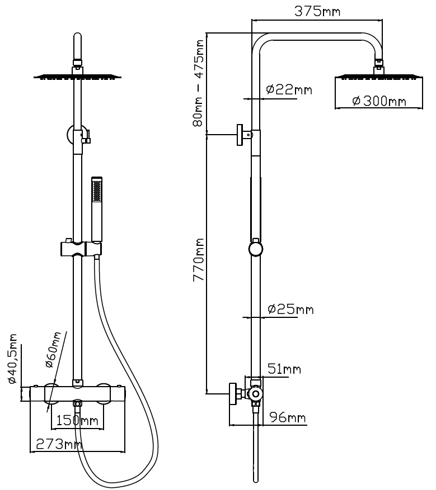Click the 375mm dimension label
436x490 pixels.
click(318, 12)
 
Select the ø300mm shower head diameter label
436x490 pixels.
click(379, 101)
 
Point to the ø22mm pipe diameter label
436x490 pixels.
click(289, 89)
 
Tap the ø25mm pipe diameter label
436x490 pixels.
click(290, 309)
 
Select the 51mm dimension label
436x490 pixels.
click(284, 369)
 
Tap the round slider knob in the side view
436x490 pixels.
click(255, 249)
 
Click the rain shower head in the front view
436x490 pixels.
click(77, 76)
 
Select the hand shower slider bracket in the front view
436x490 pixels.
click(78, 248)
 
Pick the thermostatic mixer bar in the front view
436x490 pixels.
click(77, 393)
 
